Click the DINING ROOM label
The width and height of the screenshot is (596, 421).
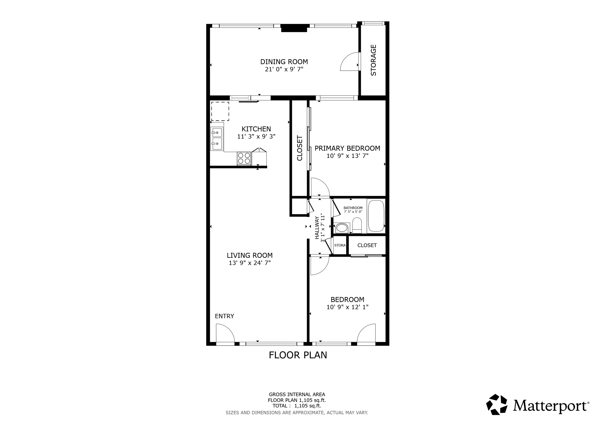284,62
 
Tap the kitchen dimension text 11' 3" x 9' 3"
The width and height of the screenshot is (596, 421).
256,136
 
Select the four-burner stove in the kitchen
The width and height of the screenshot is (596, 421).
244,158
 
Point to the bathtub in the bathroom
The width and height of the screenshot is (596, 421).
376,216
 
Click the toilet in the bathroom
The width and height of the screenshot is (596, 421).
357,226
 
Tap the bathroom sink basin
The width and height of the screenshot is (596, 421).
342,228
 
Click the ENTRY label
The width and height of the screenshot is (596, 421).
224,316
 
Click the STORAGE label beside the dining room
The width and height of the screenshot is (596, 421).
373,60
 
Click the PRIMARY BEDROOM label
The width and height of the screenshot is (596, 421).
347,148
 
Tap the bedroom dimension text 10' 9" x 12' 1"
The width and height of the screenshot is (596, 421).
347,307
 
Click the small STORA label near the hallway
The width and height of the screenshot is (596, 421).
340,245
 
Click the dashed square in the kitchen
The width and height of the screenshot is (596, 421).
220,111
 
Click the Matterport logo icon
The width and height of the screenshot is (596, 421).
497,404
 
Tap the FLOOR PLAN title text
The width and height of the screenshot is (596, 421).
298,355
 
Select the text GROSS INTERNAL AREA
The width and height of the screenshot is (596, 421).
297,395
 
